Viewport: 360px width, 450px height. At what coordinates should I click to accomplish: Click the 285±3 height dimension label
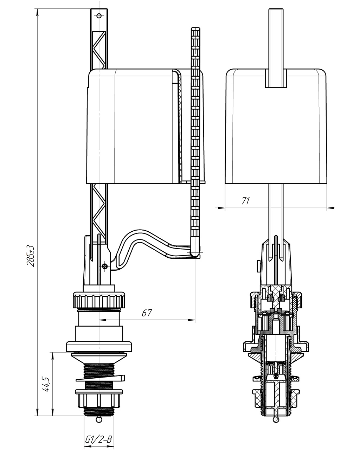31,256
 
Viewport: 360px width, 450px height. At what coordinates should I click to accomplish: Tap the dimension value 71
246,201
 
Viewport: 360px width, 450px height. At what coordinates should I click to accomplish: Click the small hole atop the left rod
99,16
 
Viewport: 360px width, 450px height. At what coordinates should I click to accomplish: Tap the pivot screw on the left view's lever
105,266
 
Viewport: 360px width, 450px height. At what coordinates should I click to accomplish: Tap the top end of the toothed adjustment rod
195,28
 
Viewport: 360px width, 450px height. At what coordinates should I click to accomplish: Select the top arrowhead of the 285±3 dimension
38,13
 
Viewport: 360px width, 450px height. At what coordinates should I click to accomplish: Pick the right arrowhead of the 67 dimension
191,320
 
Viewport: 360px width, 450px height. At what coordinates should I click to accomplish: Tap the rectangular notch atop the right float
276,78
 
